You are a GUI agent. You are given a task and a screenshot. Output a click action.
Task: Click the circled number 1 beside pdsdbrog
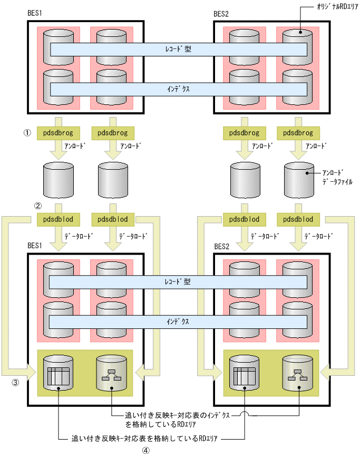click(27, 133)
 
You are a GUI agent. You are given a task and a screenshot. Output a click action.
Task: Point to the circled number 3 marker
click(16, 383)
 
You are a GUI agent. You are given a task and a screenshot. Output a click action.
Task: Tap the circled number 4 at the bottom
click(146, 451)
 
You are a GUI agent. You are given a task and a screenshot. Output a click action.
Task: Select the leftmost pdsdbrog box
click(57, 133)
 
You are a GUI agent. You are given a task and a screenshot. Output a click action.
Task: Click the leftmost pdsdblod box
click(57, 219)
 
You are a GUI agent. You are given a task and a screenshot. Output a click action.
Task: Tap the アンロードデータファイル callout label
click(335, 177)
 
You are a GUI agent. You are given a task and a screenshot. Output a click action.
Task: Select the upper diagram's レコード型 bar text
click(178, 49)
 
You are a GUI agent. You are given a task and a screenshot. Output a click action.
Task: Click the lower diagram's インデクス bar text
click(178, 321)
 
